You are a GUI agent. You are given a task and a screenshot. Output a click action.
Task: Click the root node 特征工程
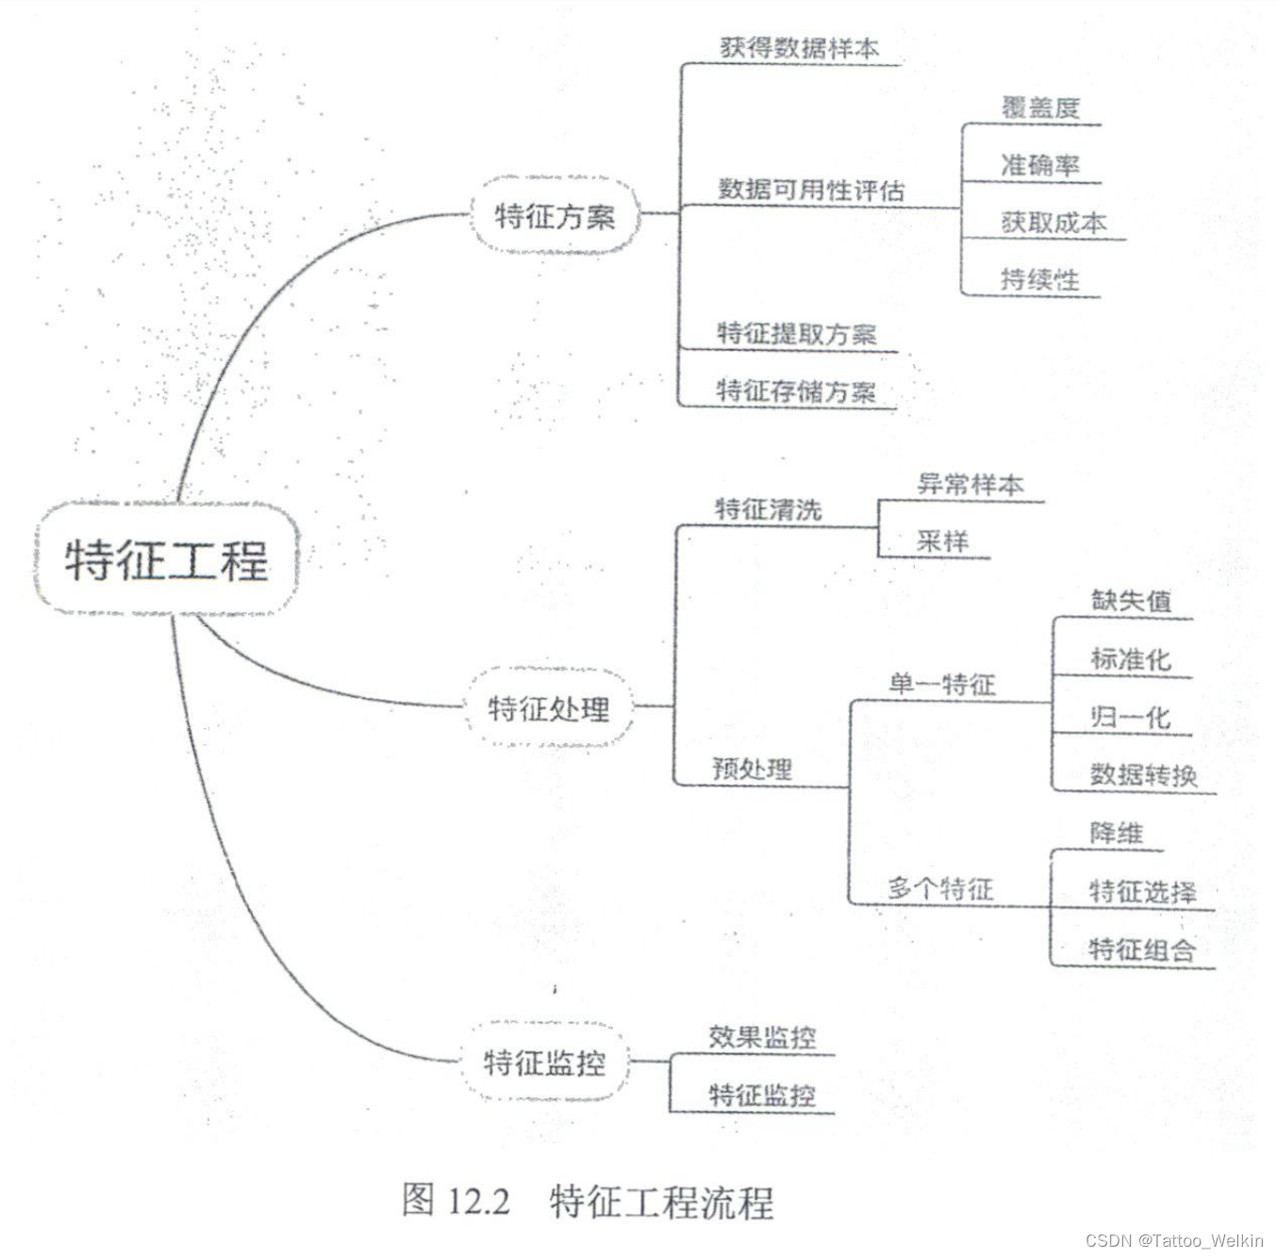click(167, 559)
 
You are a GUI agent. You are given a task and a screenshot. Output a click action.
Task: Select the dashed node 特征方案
click(555, 216)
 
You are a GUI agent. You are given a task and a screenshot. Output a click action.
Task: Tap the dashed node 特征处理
click(549, 708)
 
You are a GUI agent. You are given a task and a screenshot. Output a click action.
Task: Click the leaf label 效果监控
click(762, 1037)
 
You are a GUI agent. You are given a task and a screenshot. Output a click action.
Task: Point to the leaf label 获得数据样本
click(799, 47)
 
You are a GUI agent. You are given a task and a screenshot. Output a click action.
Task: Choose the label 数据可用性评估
click(811, 190)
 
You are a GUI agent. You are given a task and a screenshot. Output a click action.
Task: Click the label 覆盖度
click(1040, 108)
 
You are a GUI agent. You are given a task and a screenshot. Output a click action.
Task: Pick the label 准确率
click(1040, 165)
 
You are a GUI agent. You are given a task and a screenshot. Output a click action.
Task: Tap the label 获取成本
click(1053, 223)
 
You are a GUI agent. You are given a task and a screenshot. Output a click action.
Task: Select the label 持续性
click(1039, 279)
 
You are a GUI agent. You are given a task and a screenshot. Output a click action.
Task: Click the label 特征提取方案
click(796, 333)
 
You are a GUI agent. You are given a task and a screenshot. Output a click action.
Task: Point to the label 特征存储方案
click(796, 389)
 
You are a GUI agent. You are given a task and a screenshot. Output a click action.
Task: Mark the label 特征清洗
click(768, 509)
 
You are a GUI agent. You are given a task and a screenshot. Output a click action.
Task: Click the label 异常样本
click(970, 485)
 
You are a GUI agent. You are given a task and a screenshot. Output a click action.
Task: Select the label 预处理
click(753, 769)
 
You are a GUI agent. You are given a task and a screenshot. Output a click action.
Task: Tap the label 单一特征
click(941, 684)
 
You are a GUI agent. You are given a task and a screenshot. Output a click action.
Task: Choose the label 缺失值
click(1131, 601)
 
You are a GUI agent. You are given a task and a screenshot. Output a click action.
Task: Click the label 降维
click(1117, 833)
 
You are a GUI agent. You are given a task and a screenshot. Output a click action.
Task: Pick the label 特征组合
click(1142, 949)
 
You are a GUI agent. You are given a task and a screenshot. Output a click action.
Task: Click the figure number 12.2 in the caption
click(478, 1201)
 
